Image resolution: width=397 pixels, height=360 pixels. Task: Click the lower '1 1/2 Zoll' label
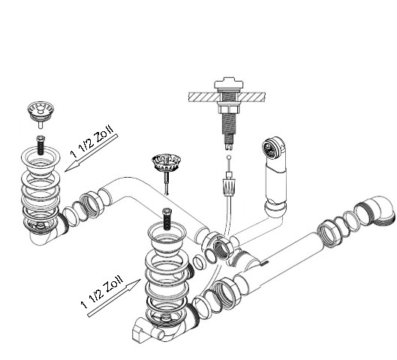tap(102, 291)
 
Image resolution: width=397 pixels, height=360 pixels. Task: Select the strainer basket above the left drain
tap(41, 113)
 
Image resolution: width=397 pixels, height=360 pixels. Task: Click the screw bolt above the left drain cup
tap(41, 145)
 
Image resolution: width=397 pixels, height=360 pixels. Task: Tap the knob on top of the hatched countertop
tap(229, 83)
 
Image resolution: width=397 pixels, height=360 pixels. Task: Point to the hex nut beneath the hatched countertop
tap(228, 109)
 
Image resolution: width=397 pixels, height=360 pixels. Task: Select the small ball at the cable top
tap(229, 157)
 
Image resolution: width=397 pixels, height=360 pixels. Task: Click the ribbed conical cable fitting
tap(229, 187)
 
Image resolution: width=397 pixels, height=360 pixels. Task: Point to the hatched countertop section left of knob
tap(203, 97)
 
